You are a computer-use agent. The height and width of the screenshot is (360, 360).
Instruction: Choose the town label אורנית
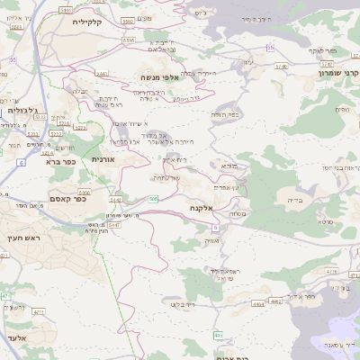tap(103, 158)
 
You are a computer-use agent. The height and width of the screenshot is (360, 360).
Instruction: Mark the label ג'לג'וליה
tap(22, 110)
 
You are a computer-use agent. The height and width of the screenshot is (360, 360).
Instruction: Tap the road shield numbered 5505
tap(129, 40)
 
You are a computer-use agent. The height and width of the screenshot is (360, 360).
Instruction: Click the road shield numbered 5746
tap(280, 66)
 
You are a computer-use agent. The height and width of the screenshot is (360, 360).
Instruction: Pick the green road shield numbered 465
tap(218, 335)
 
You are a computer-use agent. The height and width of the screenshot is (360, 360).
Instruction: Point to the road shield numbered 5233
tap(56, 132)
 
